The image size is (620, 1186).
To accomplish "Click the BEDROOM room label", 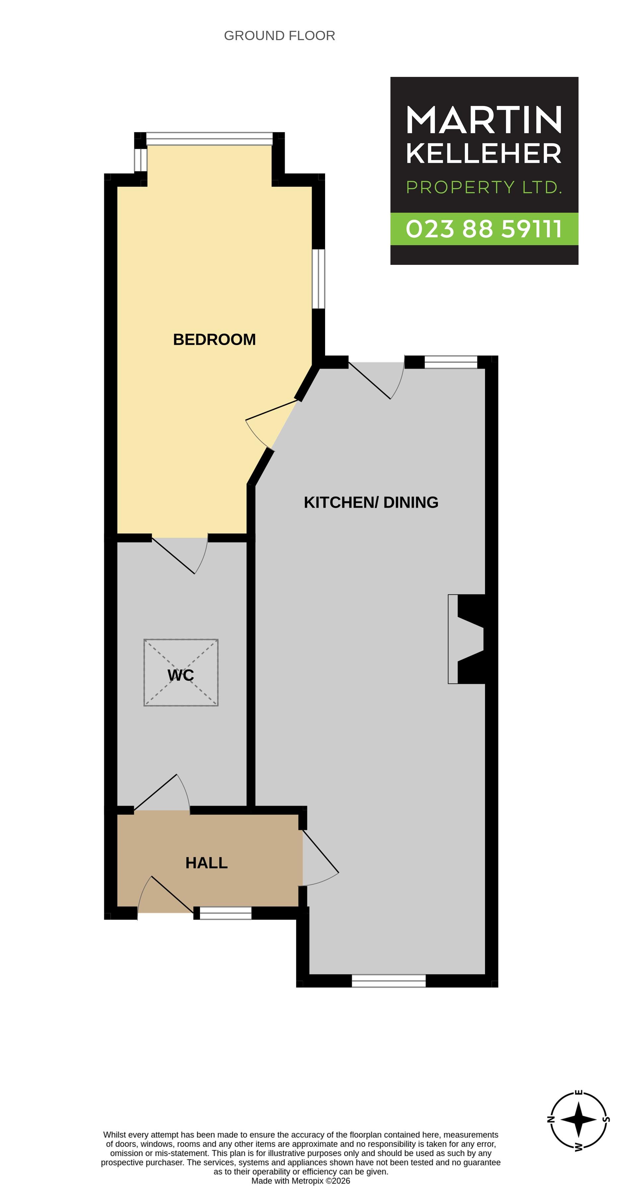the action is tap(214, 339).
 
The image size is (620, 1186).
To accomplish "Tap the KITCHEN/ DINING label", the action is tap(371, 502).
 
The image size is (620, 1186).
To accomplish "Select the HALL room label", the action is tap(206, 863).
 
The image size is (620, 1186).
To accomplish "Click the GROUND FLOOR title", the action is tap(279, 35).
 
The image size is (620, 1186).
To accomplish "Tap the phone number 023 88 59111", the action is tap(484, 229).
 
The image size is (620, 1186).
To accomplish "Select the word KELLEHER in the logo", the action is tap(484, 153).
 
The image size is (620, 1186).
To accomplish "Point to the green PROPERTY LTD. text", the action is tap(484, 187).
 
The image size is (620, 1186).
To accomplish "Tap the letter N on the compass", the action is tap(550, 1120).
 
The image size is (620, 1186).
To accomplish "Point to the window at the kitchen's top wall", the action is tap(450, 362).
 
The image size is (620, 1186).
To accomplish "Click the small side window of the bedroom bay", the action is tap(141, 160).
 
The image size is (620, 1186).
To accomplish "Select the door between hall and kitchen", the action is tap(320, 858).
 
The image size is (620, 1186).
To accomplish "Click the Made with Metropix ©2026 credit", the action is tap(300, 1181).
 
